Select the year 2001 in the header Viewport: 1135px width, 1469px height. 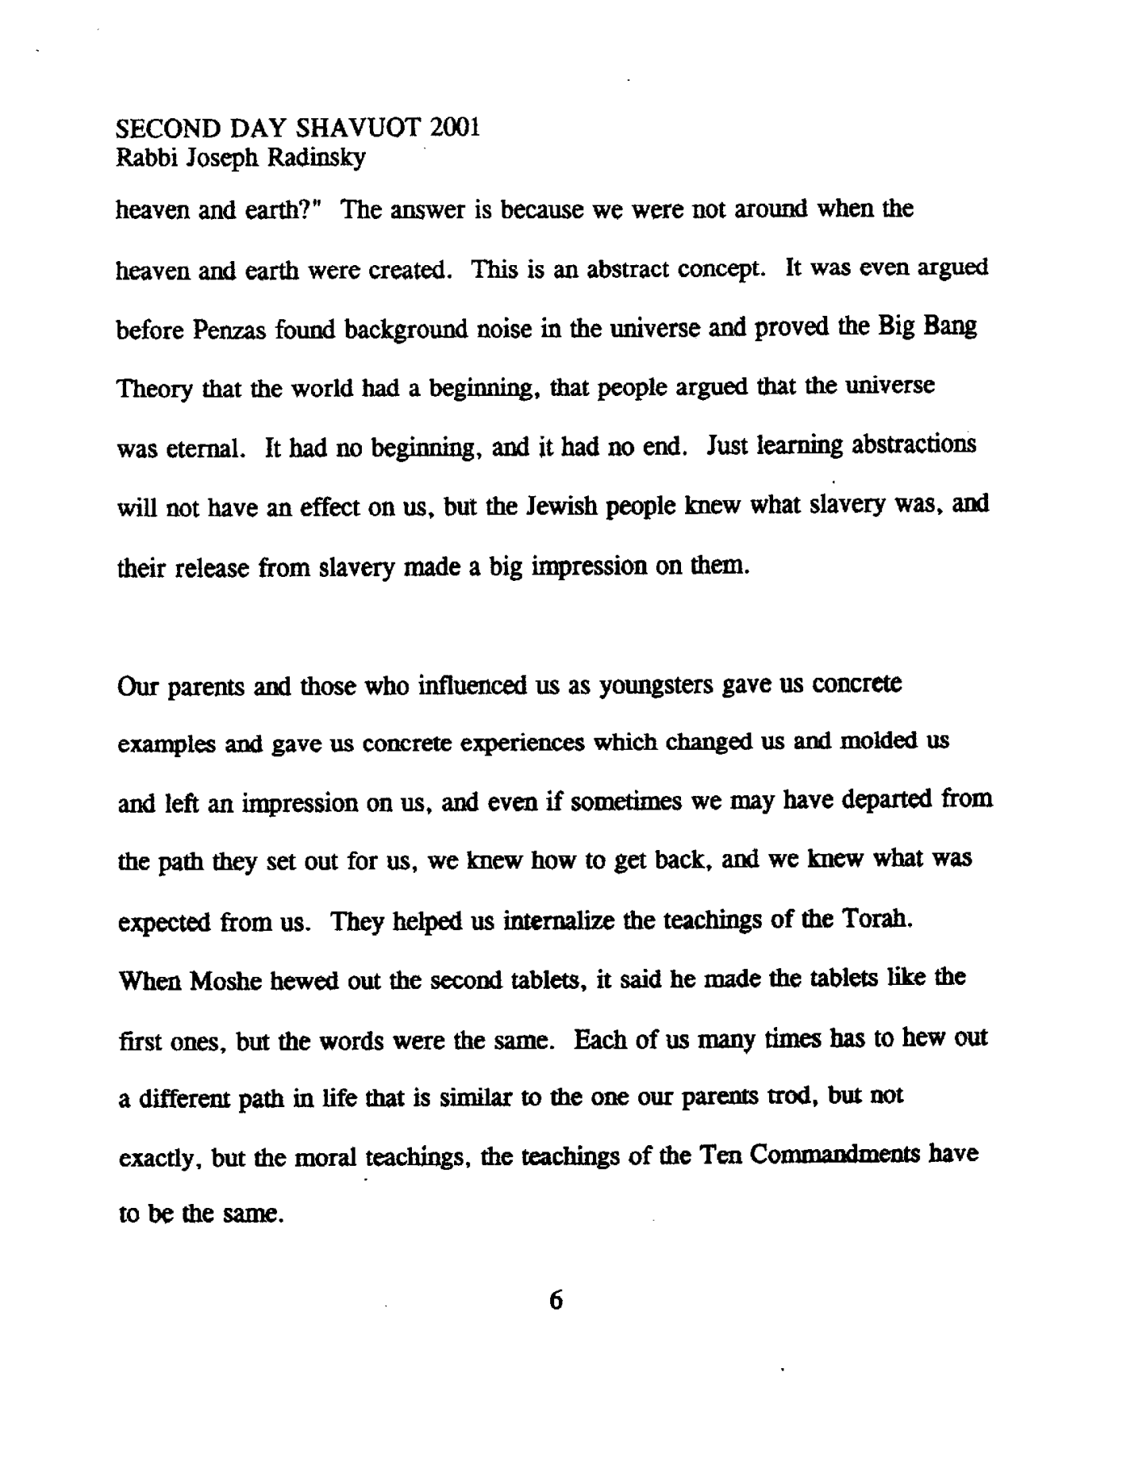(x=453, y=128)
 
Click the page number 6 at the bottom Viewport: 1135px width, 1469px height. (x=556, y=1301)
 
